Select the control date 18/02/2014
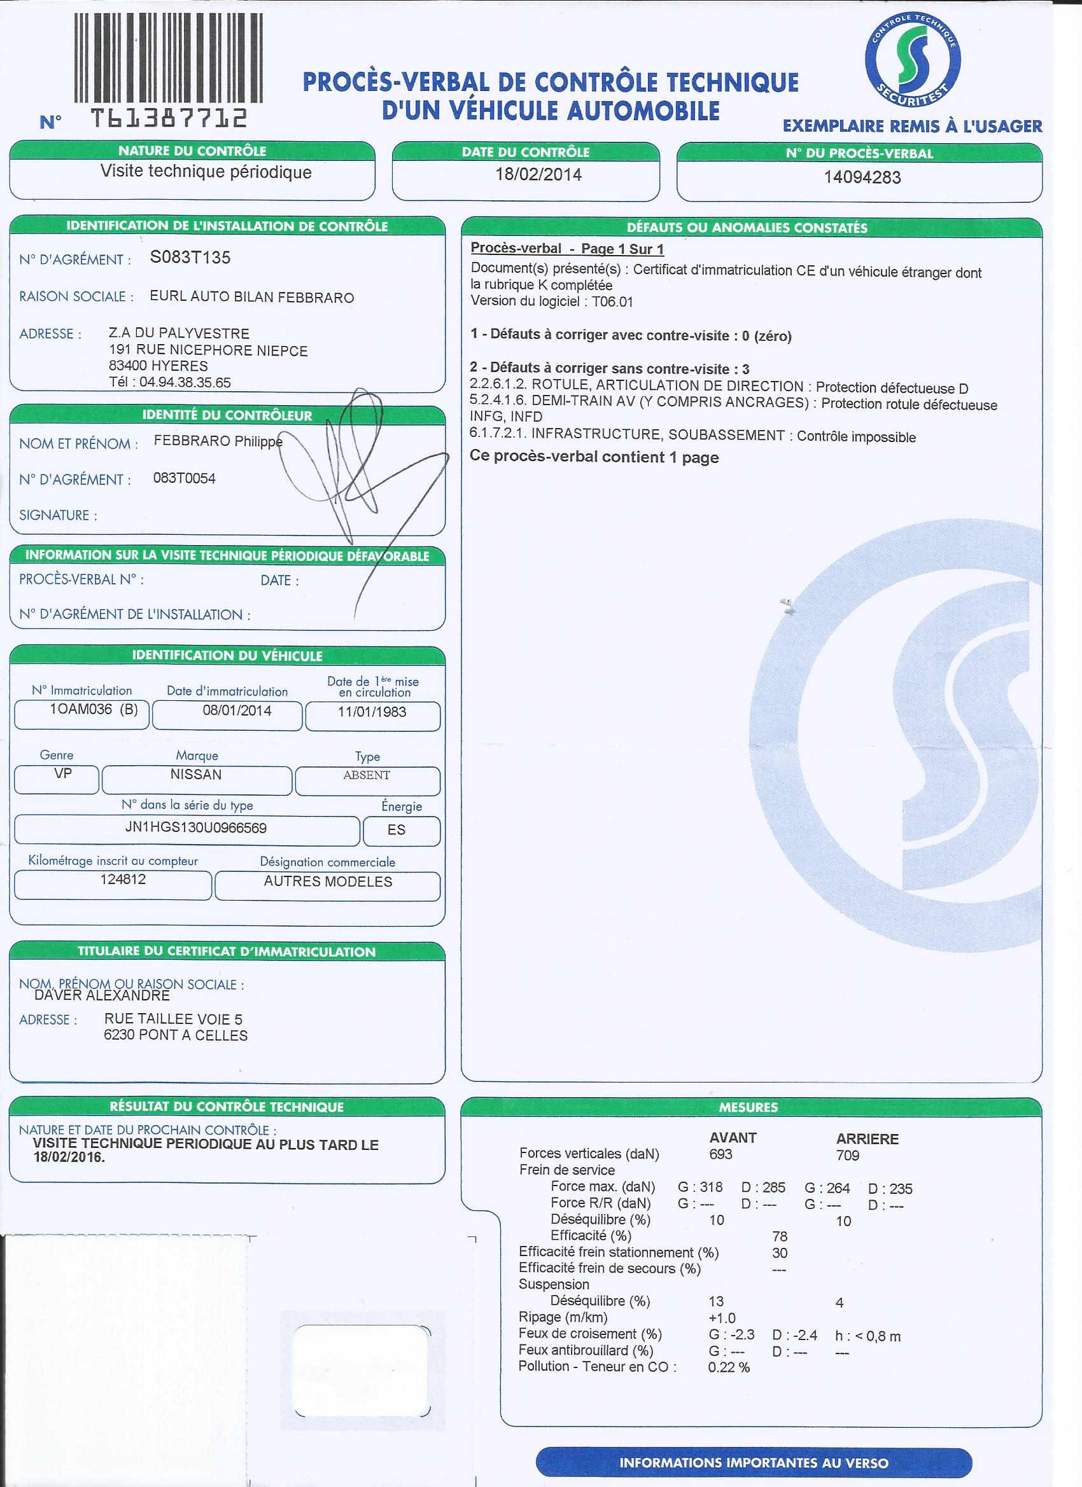click(x=538, y=175)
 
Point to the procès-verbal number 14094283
click(x=862, y=177)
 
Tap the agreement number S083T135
click(x=190, y=258)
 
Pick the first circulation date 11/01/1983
click(x=372, y=712)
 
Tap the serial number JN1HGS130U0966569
click(x=195, y=828)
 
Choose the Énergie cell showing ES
click(x=397, y=830)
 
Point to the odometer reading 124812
click(x=123, y=879)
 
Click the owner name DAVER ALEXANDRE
click(x=102, y=996)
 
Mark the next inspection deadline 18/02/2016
click(x=69, y=1157)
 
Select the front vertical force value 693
click(x=720, y=1154)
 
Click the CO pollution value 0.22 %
click(x=729, y=1367)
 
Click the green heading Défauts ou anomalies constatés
click(x=747, y=228)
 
